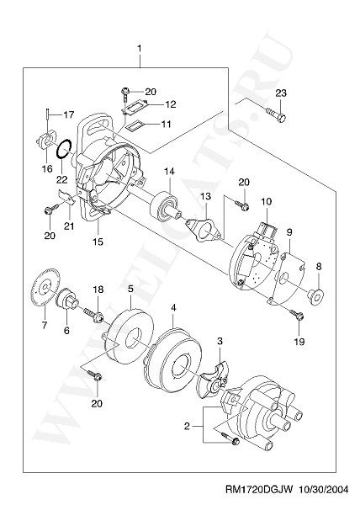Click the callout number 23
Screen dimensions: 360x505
click(281, 93)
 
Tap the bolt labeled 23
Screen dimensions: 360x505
click(276, 114)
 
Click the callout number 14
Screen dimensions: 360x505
click(170, 172)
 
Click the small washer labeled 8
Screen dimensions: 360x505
click(315, 296)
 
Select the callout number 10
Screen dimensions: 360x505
click(267, 202)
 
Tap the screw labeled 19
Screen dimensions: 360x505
click(297, 315)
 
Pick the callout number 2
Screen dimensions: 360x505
click(187, 427)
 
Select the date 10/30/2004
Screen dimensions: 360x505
click(324, 490)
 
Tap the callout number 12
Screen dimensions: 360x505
click(171, 104)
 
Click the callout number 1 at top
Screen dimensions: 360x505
click(140, 48)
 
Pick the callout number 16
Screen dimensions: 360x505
click(47, 168)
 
